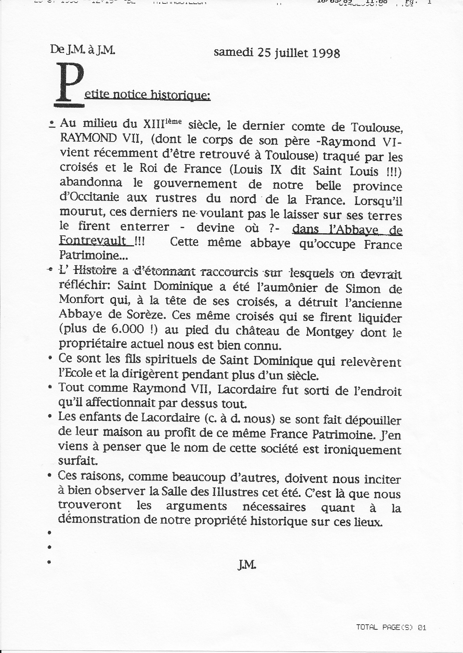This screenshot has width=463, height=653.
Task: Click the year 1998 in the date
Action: pyautogui.click(x=324, y=53)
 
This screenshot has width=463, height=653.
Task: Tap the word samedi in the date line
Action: pyautogui.click(x=233, y=52)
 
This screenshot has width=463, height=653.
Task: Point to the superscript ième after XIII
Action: pyautogui.click(x=174, y=120)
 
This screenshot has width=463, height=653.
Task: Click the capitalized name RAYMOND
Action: pyautogui.click(x=88, y=139)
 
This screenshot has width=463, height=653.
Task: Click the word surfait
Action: pyautogui.click(x=78, y=461)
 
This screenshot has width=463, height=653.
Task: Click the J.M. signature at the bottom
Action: pyautogui.click(x=246, y=565)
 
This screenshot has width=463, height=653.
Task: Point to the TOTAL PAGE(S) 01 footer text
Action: pyautogui.click(x=391, y=627)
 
